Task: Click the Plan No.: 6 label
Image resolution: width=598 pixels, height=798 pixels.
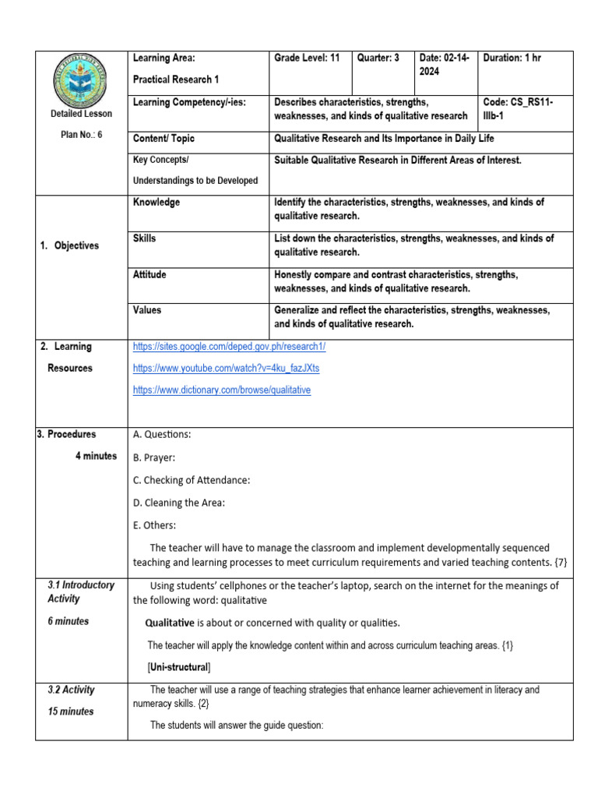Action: [81, 134]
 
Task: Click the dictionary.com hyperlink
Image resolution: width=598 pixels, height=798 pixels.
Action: [222, 390]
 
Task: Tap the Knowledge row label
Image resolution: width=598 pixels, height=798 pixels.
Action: [157, 203]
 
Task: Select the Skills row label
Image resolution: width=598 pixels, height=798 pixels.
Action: [145, 238]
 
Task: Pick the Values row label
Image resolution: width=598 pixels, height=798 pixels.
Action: [147, 310]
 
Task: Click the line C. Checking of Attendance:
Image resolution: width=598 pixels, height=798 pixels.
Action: [192, 480]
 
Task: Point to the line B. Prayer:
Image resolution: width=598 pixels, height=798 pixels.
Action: [154, 457]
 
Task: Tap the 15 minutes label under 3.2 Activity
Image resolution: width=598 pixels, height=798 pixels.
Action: [70, 711]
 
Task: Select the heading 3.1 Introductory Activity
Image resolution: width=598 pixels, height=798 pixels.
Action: [80, 591]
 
